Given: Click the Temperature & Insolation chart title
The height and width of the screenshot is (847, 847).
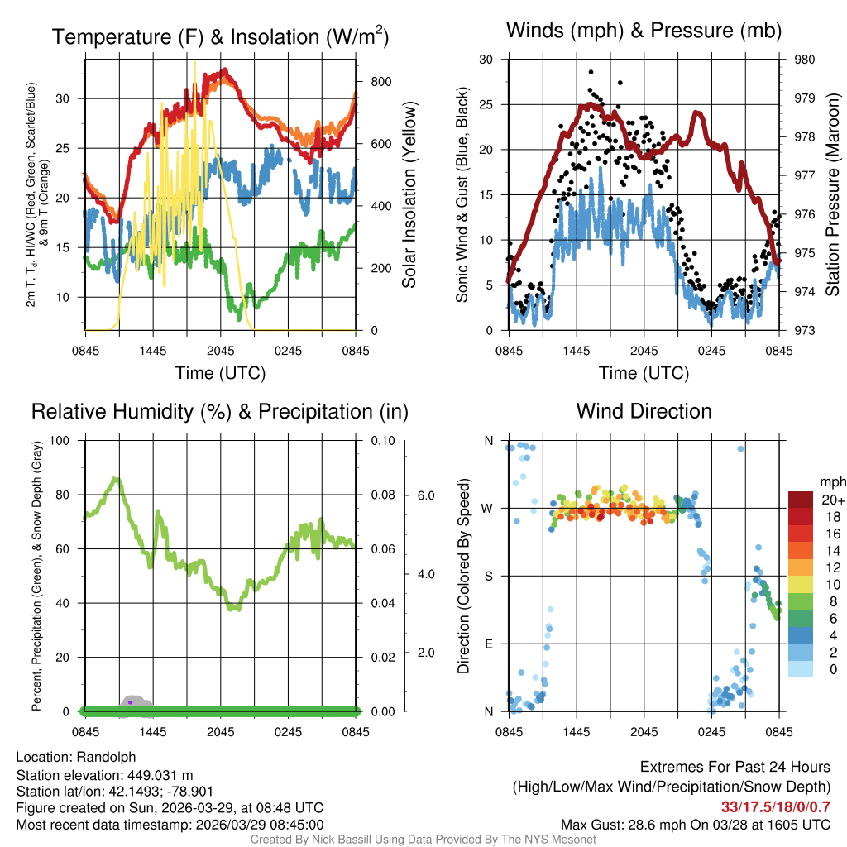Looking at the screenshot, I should (220, 37).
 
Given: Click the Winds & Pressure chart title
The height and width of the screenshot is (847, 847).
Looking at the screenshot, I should (644, 31).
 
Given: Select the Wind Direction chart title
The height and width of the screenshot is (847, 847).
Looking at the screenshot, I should (644, 411).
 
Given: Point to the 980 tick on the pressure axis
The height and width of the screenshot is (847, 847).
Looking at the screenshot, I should (804, 60).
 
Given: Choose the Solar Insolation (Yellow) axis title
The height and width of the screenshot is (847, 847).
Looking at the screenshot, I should (409, 195).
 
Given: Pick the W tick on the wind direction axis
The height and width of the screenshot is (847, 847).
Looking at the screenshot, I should (489, 508).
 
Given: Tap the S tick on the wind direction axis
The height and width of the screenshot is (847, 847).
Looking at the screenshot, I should (489, 576).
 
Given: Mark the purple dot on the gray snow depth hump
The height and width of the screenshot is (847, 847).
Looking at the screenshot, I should (130, 702).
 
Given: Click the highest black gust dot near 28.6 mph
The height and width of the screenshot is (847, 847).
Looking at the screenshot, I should (591, 71).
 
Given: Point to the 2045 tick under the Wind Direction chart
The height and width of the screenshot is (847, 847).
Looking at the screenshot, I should (644, 731).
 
